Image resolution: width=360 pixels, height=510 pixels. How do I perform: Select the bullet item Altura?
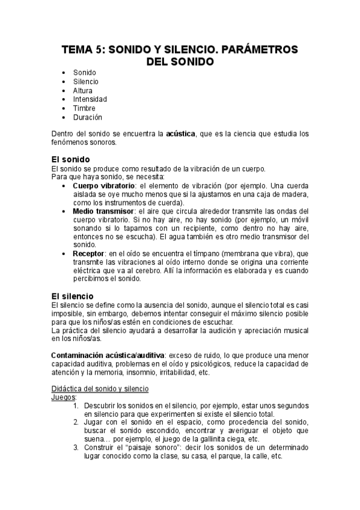[83, 90]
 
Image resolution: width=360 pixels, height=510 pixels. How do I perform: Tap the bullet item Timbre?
[85, 108]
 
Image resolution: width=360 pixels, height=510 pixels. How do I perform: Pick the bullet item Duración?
[88, 117]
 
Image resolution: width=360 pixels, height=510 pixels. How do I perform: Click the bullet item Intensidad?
[90, 99]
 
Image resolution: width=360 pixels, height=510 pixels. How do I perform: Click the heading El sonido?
[70, 159]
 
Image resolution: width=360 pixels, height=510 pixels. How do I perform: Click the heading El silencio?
[72, 296]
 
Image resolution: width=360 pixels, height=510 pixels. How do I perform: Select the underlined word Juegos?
[63, 398]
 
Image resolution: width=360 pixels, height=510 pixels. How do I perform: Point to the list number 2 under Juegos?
[76, 422]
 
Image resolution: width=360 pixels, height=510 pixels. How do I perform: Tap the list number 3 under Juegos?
[76, 447]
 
